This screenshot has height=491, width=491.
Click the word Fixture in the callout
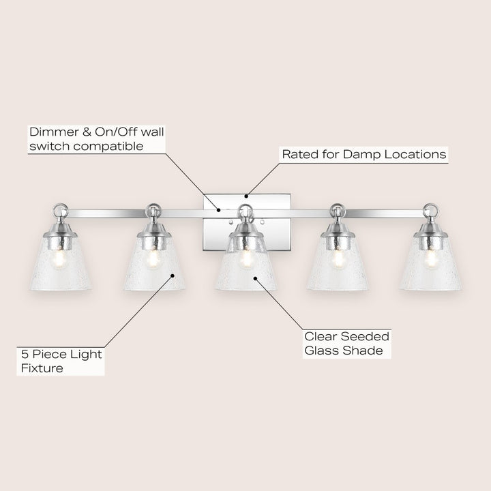click(42, 368)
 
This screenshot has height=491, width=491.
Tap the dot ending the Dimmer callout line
click(220, 210)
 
